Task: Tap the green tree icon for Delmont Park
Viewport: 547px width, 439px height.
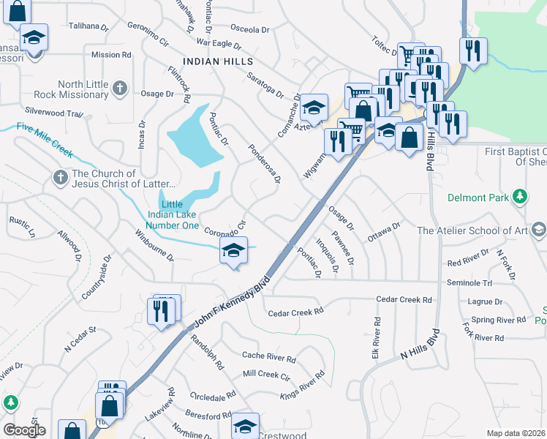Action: [520, 196]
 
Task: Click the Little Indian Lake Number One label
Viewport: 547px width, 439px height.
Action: [173, 214]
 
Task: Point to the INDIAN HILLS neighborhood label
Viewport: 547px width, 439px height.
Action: [219, 62]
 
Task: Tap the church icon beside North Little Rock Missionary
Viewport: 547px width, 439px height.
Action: [121, 89]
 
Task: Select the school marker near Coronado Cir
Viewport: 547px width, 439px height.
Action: [233, 251]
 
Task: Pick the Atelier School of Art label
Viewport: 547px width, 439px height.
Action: [472, 230]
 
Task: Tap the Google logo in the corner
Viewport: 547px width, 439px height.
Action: [24, 430]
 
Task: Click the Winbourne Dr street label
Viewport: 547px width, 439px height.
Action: [154, 245]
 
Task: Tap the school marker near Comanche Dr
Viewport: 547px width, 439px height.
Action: [314, 108]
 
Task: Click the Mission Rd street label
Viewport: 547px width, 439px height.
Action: [111, 54]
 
